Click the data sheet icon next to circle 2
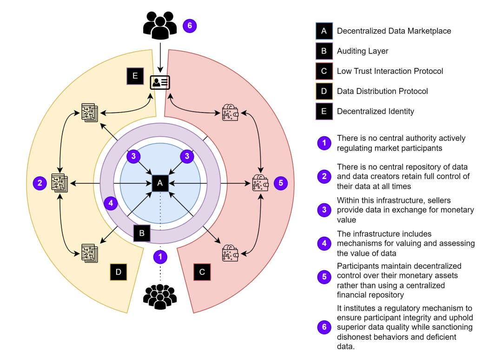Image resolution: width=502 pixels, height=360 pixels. pyautogui.click(x=59, y=183)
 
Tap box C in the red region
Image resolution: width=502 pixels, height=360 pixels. pyautogui.click(x=202, y=272)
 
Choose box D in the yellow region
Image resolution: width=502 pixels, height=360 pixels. pyautogui.click(x=119, y=272)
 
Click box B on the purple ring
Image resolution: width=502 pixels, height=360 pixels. pyautogui.click(x=142, y=233)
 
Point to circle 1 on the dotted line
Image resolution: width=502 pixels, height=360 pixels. pyautogui.click(x=160, y=256)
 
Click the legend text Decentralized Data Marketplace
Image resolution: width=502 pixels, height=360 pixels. pyautogui.click(x=394, y=31)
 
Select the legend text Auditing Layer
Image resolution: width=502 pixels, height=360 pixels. pyautogui.click(x=363, y=51)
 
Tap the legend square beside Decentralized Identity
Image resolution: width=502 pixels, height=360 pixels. pyautogui.click(x=324, y=111)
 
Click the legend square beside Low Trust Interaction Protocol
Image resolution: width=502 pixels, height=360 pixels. pyautogui.click(x=324, y=71)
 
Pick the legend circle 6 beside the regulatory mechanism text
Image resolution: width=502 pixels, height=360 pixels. pyautogui.click(x=324, y=327)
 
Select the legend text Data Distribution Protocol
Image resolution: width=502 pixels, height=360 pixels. pyautogui.click(x=382, y=91)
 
